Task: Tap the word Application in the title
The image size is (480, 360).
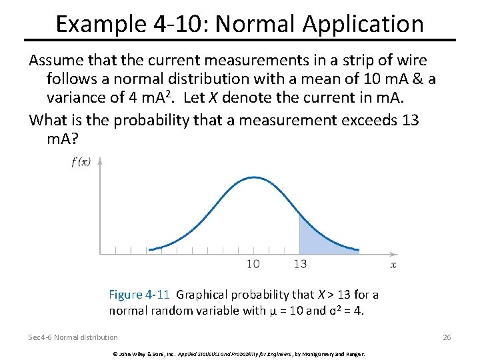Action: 363,24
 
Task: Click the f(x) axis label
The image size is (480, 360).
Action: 81,161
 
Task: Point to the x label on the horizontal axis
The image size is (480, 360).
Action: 393,264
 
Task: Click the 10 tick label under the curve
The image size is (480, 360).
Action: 253,264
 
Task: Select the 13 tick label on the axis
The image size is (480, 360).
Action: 300,264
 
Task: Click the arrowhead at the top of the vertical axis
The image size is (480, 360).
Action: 100,160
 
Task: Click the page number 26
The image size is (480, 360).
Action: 447,337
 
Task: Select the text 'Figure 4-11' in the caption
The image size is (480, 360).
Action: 139,295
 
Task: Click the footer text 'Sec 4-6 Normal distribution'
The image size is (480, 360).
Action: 73,337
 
